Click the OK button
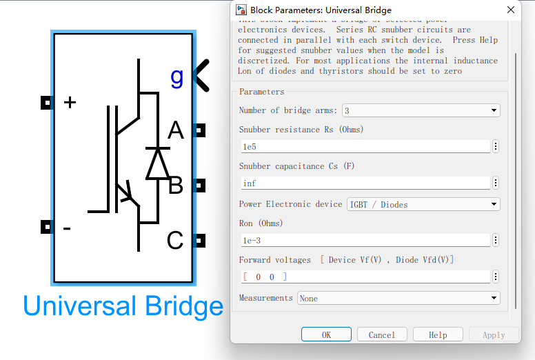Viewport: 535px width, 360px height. tap(326, 334)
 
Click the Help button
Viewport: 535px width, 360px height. tap(438, 334)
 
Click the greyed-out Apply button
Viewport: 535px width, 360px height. tap(494, 334)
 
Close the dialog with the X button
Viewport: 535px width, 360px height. tap(511, 10)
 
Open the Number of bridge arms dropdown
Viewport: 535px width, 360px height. tap(421, 110)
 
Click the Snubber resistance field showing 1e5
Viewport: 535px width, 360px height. tap(365, 147)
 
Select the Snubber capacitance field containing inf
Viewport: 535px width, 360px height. tap(365, 183)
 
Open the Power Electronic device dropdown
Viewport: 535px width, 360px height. tap(423, 204)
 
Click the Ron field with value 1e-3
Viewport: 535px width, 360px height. tap(365, 241)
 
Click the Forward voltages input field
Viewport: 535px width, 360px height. tap(365, 277)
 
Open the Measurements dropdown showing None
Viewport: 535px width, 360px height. tap(398, 298)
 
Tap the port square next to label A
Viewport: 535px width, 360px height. tap(200, 130)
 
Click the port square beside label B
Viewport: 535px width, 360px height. tap(200, 185)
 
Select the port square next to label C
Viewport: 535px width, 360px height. tap(200, 240)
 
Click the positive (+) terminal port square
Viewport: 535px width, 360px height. tap(46, 103)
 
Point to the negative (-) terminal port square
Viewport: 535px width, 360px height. tap(46, 227)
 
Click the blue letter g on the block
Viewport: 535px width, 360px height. tap(177, 77)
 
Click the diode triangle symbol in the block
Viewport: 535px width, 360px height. tap(158, 163)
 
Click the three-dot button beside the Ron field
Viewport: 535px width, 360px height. tap(496, 241)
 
